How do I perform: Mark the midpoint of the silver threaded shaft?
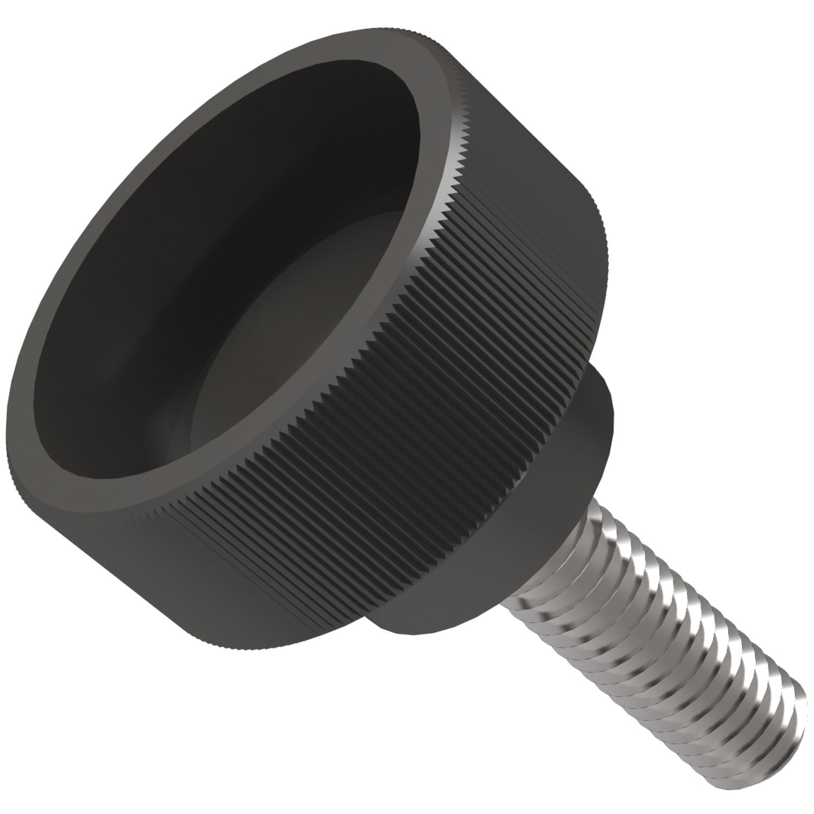click(x=651, y=640)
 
